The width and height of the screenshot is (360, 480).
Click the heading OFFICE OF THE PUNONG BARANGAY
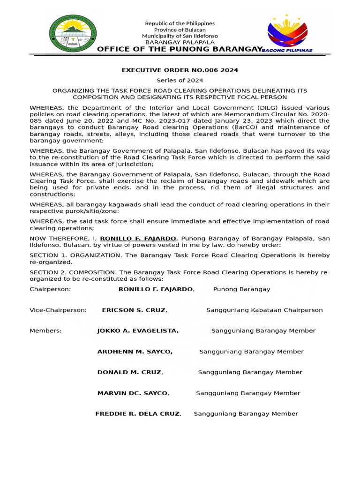180,50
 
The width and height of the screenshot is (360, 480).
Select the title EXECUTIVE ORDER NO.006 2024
180,70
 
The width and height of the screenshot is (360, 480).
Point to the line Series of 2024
180,81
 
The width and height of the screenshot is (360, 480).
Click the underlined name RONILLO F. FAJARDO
139,239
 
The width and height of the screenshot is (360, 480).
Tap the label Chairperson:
50,289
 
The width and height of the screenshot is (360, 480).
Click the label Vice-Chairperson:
58,310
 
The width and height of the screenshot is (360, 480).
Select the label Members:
45,331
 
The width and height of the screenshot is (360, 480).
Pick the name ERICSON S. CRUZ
134,310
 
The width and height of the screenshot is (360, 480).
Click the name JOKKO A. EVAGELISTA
138,331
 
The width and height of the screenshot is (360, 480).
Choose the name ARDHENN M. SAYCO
135,352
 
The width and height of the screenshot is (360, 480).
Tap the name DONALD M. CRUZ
130,372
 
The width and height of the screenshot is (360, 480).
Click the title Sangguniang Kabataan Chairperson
264,310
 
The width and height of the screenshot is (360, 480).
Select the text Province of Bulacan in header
180,30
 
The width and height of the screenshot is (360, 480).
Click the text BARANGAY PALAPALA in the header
180,42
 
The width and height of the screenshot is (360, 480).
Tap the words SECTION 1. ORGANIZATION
73,255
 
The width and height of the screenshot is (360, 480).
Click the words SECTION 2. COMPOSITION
73,272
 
